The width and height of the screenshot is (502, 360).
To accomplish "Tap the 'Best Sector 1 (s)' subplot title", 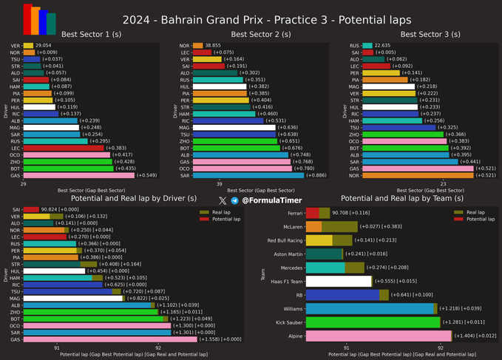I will pyautogui.click(x=74, y=34).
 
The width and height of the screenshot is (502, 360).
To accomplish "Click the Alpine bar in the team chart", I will pyautogui.click(x=378, y=336).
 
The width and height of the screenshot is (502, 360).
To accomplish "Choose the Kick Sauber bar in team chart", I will pyautogui.click(x=372, y=322).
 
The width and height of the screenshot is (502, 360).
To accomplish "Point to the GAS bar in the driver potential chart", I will pyautogui.click(x=110, y=339).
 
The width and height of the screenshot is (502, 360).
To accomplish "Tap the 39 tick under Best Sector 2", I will pyautogui.click(x=220, y=183).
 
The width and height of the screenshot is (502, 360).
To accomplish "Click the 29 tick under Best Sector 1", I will pyautogui.click(x=24, y=183).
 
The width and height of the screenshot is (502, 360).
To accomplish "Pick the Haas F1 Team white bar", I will pyautogui.click(x=338, y=281).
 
